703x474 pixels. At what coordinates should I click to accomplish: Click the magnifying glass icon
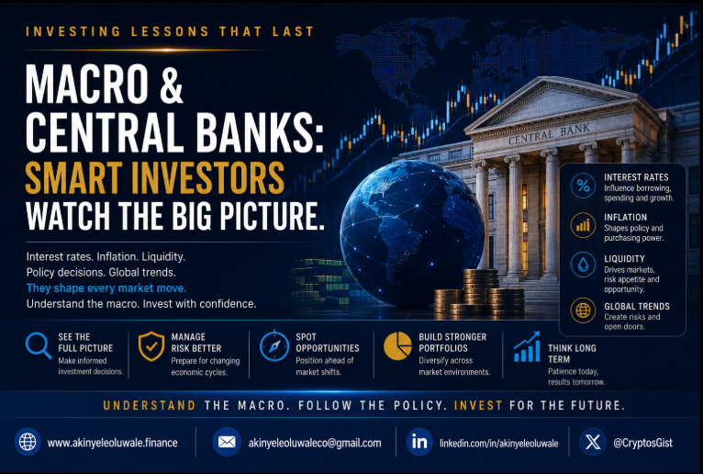37,345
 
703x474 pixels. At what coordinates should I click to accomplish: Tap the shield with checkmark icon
151,346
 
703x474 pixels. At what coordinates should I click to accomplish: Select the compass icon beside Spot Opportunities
273,345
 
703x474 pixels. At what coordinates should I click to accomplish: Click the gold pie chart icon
397,346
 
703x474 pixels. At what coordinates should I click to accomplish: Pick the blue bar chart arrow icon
527,347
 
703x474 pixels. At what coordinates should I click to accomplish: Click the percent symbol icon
583,185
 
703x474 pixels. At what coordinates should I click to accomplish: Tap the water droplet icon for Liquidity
583,265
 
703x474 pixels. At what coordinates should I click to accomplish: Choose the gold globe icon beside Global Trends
583,310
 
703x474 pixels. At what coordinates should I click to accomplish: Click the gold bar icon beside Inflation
583,225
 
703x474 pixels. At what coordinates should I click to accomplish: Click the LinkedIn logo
419,442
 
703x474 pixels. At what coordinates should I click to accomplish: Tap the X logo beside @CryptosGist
593,442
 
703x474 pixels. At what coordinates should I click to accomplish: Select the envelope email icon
227,442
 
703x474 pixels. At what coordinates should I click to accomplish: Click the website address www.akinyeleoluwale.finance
113,443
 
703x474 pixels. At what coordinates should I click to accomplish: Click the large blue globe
411,233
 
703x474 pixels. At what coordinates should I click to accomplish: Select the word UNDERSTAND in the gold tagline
150,405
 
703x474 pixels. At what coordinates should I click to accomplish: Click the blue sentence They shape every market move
106,288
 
